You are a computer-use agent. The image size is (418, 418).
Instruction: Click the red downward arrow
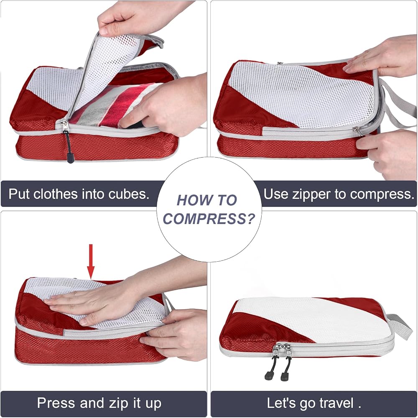91,262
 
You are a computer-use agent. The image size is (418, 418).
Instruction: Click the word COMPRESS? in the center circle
209,219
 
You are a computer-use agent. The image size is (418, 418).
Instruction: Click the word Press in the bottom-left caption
56,403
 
